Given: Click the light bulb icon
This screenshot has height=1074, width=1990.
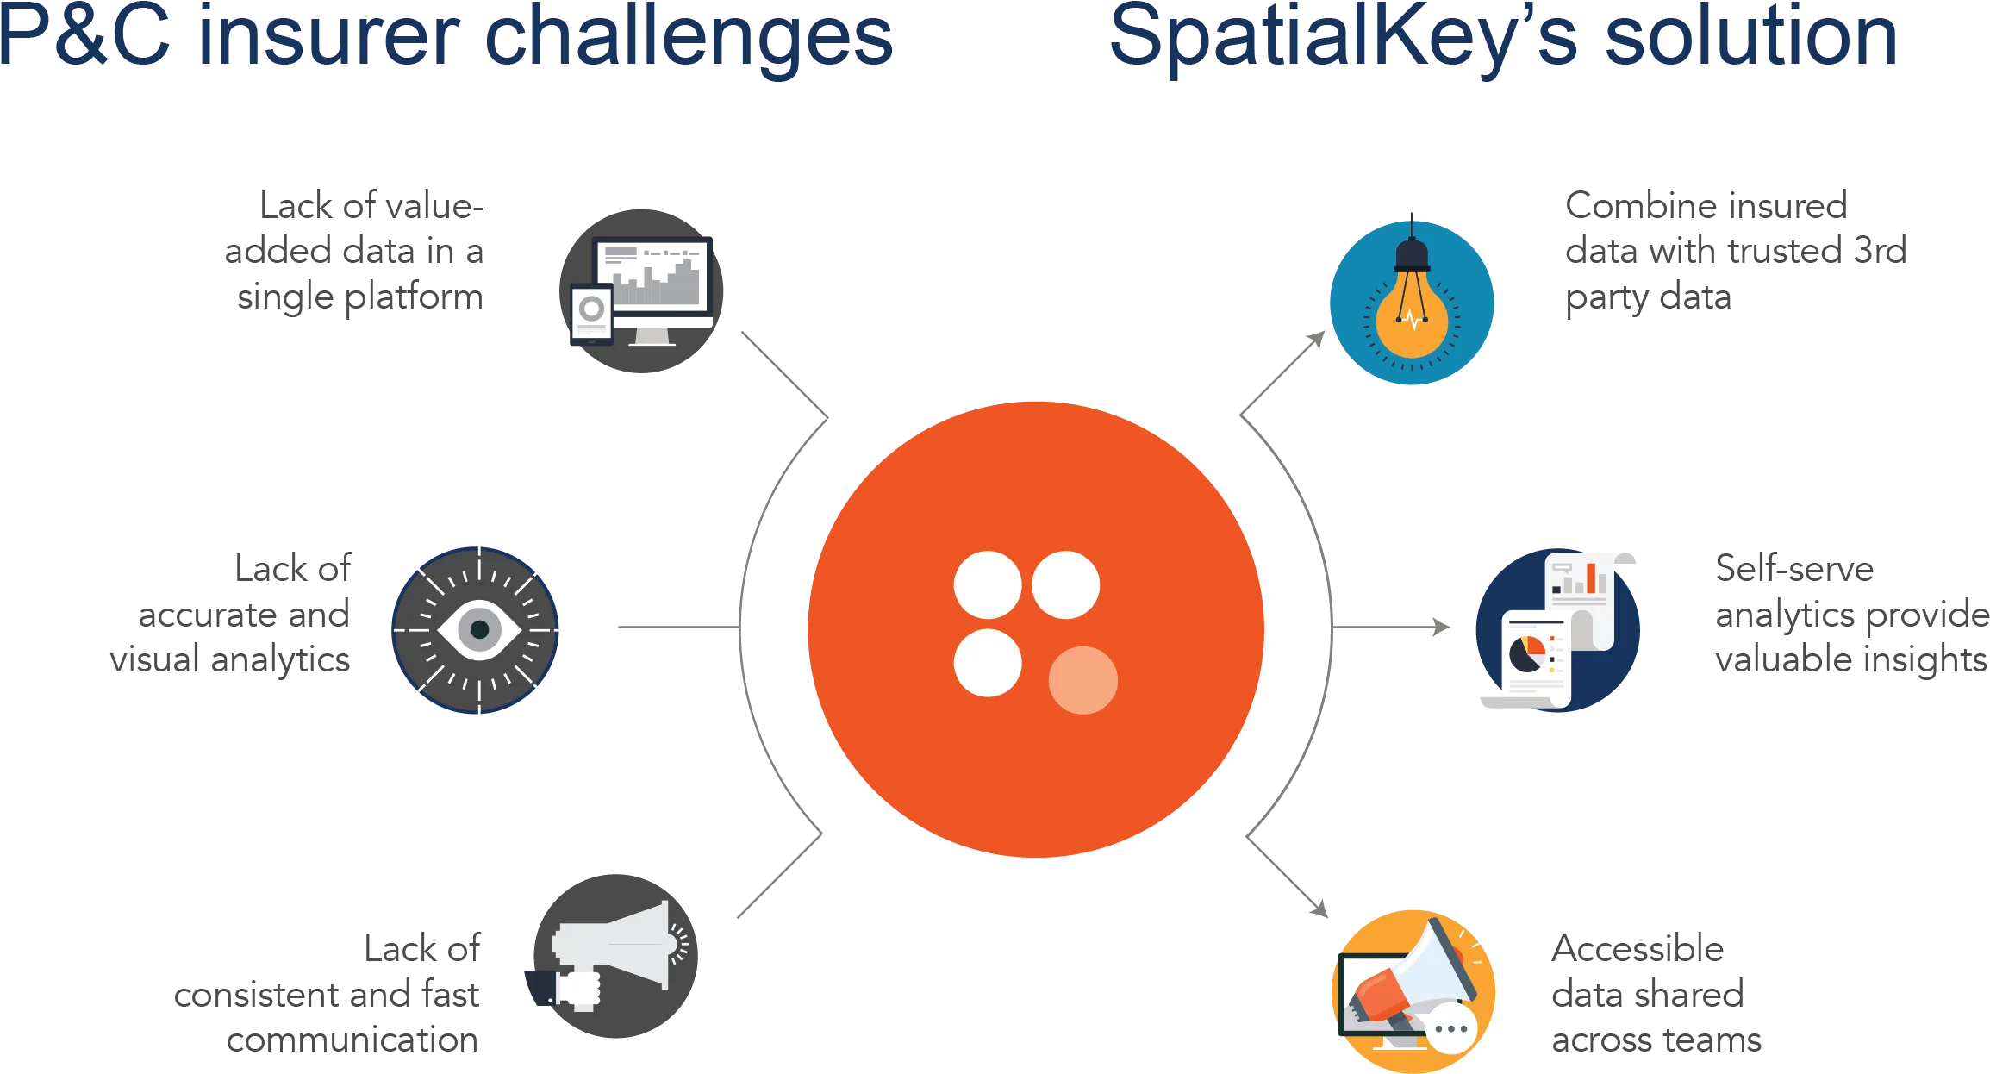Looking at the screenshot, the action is pyautogui.click(x=1412, y=298).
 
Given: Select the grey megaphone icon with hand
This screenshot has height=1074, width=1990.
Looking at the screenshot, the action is pyautogui.click(x=611, y=956).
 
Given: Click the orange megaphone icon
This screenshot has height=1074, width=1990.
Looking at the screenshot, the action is pyautogui.click(x=1413, y=991).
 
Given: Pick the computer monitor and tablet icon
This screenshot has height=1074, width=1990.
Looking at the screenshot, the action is pyautogui.click(x=641, y=291).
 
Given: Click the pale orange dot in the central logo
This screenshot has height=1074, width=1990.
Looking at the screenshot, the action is pyautogui.click(x=1082, y=680).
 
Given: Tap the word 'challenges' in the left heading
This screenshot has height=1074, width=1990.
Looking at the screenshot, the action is pyautogui.click(x=689, y=39).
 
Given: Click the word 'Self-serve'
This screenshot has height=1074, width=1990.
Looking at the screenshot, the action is pyautogui.click(x=1794, y=569).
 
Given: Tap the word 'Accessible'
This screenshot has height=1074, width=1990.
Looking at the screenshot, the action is pyautogui.click(x=1638, y=948).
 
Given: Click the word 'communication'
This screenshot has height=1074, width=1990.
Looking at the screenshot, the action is pyautogui.click(x=352, y=1040).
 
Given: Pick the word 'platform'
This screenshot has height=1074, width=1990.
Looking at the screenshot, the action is pyautogui.click(x=414, y=298).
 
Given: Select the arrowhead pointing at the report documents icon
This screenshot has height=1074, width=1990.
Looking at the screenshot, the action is pyautogui.click(x=1441, y=628).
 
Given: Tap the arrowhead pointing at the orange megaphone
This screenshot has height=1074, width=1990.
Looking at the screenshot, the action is pyautogui.click(x=1319, y=909).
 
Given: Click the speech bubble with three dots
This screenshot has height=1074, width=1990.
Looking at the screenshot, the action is pyautogui.click(x=1452, y=1028).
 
